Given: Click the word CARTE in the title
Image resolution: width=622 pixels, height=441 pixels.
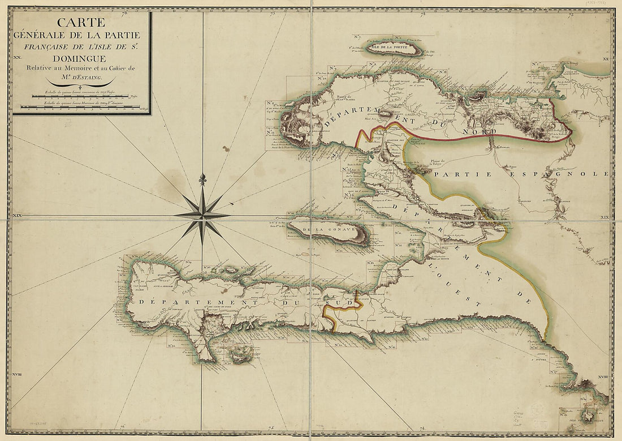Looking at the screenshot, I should (82, 23).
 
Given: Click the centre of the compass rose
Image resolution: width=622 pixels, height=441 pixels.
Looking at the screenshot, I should (202, 215).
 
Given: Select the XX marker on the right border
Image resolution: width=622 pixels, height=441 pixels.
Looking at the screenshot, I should (605, 59).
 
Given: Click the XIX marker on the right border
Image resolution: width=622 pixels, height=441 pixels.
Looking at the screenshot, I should (605, 217).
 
